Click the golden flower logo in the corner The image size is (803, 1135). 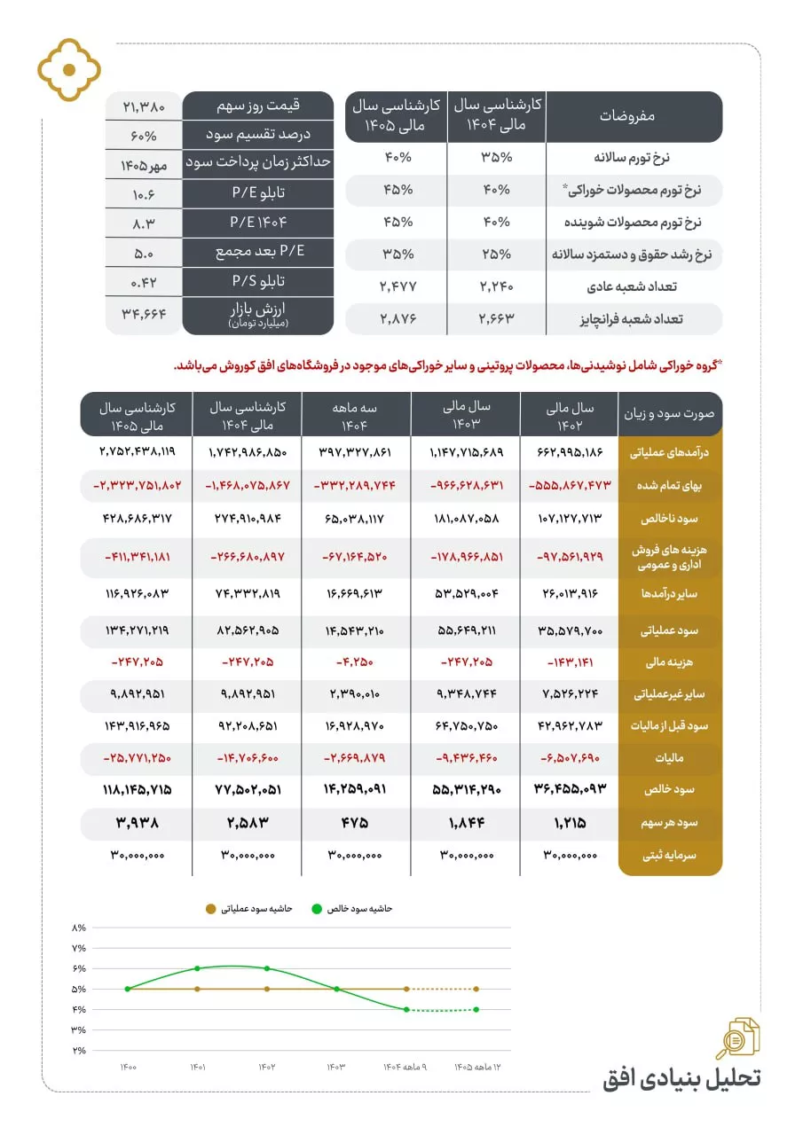coord(69,69)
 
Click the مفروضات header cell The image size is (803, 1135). coord(634,116)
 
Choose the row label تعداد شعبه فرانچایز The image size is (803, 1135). coord(634,318)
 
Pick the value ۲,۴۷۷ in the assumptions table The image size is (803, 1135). coord(396,286)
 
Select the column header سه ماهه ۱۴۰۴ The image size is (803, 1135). coord(356,414)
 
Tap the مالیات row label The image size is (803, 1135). coord(672,757)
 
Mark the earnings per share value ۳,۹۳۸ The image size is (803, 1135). coord(137,822)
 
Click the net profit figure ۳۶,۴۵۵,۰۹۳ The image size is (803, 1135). coord(569,789)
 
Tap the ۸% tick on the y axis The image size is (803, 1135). coord(79,928)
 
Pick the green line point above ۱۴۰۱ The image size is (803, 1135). coord(197,968)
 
